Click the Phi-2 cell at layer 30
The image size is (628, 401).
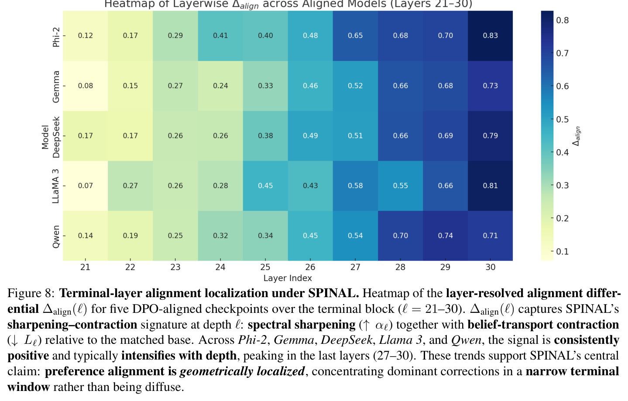tap(491, 36)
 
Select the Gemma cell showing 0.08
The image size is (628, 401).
tap(85, 86)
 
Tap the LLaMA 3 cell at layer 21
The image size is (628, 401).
tap(85, 186)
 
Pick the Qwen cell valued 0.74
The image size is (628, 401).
tap(445, 236)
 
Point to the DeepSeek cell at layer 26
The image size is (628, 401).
tap(310, 136)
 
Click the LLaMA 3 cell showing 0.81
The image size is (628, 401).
tap(491, 186)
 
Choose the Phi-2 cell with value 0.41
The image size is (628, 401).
tap(220, 36)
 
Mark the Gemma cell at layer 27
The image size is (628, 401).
tap(355, 86)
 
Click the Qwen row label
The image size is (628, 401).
tap(56, 236)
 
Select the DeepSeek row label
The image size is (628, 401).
tap(56, 137)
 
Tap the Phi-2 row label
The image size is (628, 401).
tap(56, 37)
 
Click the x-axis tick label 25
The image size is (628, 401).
tap(265, 267)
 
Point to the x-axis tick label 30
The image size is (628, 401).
tap(491, 267)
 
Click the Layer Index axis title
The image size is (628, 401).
tap(288, 278)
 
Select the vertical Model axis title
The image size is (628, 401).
tap(45, 137)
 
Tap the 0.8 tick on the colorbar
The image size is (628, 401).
tap(563, 20)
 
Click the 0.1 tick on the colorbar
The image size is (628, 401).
tap(563, 251)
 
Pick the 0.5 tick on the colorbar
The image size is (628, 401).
tap(563, 120)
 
